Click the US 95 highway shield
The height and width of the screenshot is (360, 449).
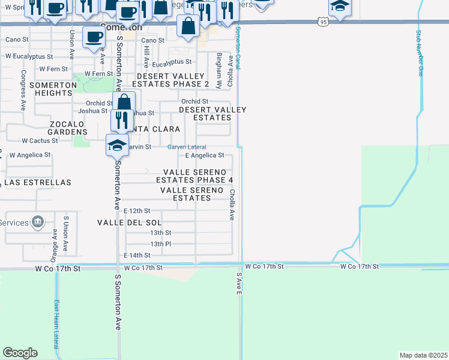click(x=324, y=22)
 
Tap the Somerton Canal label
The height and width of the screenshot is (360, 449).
click(x=238, y=47)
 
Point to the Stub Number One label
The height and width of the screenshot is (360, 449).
click(x=420, y=54)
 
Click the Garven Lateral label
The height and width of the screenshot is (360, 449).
click(x=186, y=147)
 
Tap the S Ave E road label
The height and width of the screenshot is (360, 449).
click(x=238, y=283)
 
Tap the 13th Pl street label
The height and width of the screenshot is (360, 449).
click(x=161, y=244)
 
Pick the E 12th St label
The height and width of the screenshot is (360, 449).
click(x=137, y=211)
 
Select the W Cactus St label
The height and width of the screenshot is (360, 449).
click(x=40, y=141)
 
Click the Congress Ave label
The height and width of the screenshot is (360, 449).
click(x=23, y=90)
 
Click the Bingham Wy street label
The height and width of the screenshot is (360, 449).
click(x=219, y=71)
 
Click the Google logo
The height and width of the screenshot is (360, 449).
click(x=20, y=353)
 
